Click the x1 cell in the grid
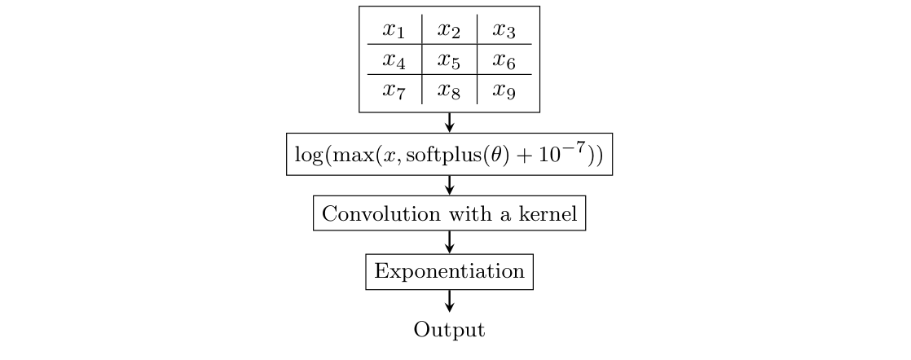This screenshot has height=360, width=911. (394, 30)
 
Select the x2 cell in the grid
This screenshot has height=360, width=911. (449, 30)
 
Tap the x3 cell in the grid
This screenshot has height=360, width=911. (504, 30)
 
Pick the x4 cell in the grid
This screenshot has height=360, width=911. (394, 60)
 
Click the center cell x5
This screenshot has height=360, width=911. (449, 60)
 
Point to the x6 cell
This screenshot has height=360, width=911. (504, 60)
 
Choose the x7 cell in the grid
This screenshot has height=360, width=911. (394, 90)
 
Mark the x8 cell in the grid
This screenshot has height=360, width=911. (449, 90)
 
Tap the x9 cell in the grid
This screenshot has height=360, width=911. (504, 90)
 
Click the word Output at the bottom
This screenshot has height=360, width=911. (449, 330)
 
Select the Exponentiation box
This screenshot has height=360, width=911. (449, 271)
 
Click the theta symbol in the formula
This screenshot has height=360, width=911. (514, 155)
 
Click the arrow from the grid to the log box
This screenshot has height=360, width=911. (449, 123)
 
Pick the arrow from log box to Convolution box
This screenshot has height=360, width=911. (449, 186)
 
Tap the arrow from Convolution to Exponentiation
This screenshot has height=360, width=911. (449, 242)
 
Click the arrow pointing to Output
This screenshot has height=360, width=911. (449, 301)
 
